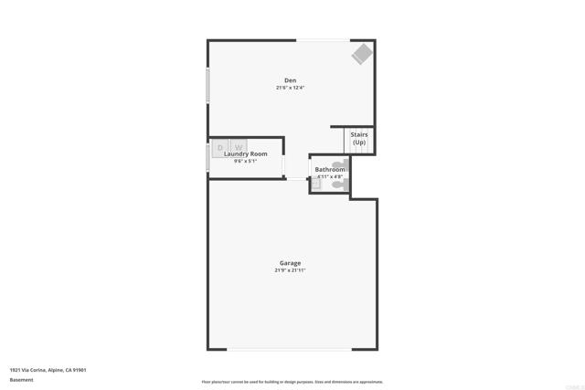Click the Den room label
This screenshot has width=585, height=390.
tap(290, 80)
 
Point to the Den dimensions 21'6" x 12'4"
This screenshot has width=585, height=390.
tap(290, 88)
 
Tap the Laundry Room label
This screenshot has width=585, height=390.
tap(246, 154)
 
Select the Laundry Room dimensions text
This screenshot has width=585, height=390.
tap(246, 162)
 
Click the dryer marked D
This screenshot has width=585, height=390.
tap(220, 147)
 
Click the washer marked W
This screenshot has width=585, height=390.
tap(238, 147)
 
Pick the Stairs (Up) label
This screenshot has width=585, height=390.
tap(359, 139)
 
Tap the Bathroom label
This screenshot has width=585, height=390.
tap(330, 169)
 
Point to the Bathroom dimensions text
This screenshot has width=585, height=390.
tap(330, 176)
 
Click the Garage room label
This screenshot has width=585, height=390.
tap(290, 263)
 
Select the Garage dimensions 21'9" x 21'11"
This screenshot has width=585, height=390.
tap(290, 270)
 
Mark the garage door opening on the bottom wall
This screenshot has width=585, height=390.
tap(290, 349)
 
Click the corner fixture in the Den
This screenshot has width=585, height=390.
tap(362, 54)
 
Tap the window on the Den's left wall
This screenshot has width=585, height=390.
tap(208, 85)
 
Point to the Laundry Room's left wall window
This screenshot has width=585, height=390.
tap(208, 157)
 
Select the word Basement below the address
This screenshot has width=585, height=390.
tap(22, 380)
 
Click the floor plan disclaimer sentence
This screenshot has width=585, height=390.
tap(292, 382)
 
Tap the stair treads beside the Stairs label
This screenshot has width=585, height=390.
tap(348, 142)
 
